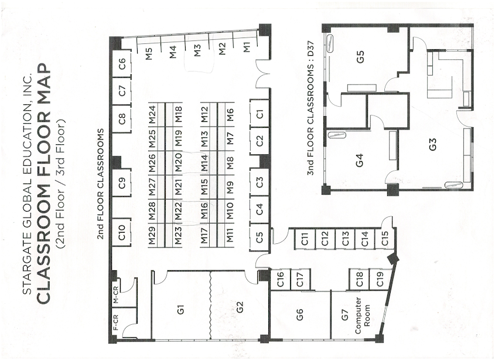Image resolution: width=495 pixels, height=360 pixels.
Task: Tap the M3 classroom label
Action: [197, 51]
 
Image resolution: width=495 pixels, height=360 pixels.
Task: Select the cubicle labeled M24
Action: [153, 114]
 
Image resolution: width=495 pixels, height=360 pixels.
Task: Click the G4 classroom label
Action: [360, 159]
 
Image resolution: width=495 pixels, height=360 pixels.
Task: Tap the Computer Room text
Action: [363, 315]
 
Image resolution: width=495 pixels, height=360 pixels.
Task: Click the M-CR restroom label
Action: [116, 294]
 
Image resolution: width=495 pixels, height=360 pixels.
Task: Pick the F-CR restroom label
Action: [116, 322]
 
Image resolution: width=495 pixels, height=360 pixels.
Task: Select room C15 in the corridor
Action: [384, 238]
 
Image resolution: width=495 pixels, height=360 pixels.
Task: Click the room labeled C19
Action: [380, 279]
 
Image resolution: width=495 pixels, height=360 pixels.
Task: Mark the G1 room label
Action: [180, 309]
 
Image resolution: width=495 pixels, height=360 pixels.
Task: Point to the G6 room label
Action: [299, 314]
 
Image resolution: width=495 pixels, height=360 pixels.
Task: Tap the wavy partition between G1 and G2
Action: [210, 305]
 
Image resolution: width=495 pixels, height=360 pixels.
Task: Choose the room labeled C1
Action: [260, 114]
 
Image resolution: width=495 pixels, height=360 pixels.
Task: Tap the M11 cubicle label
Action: [230, 236]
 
